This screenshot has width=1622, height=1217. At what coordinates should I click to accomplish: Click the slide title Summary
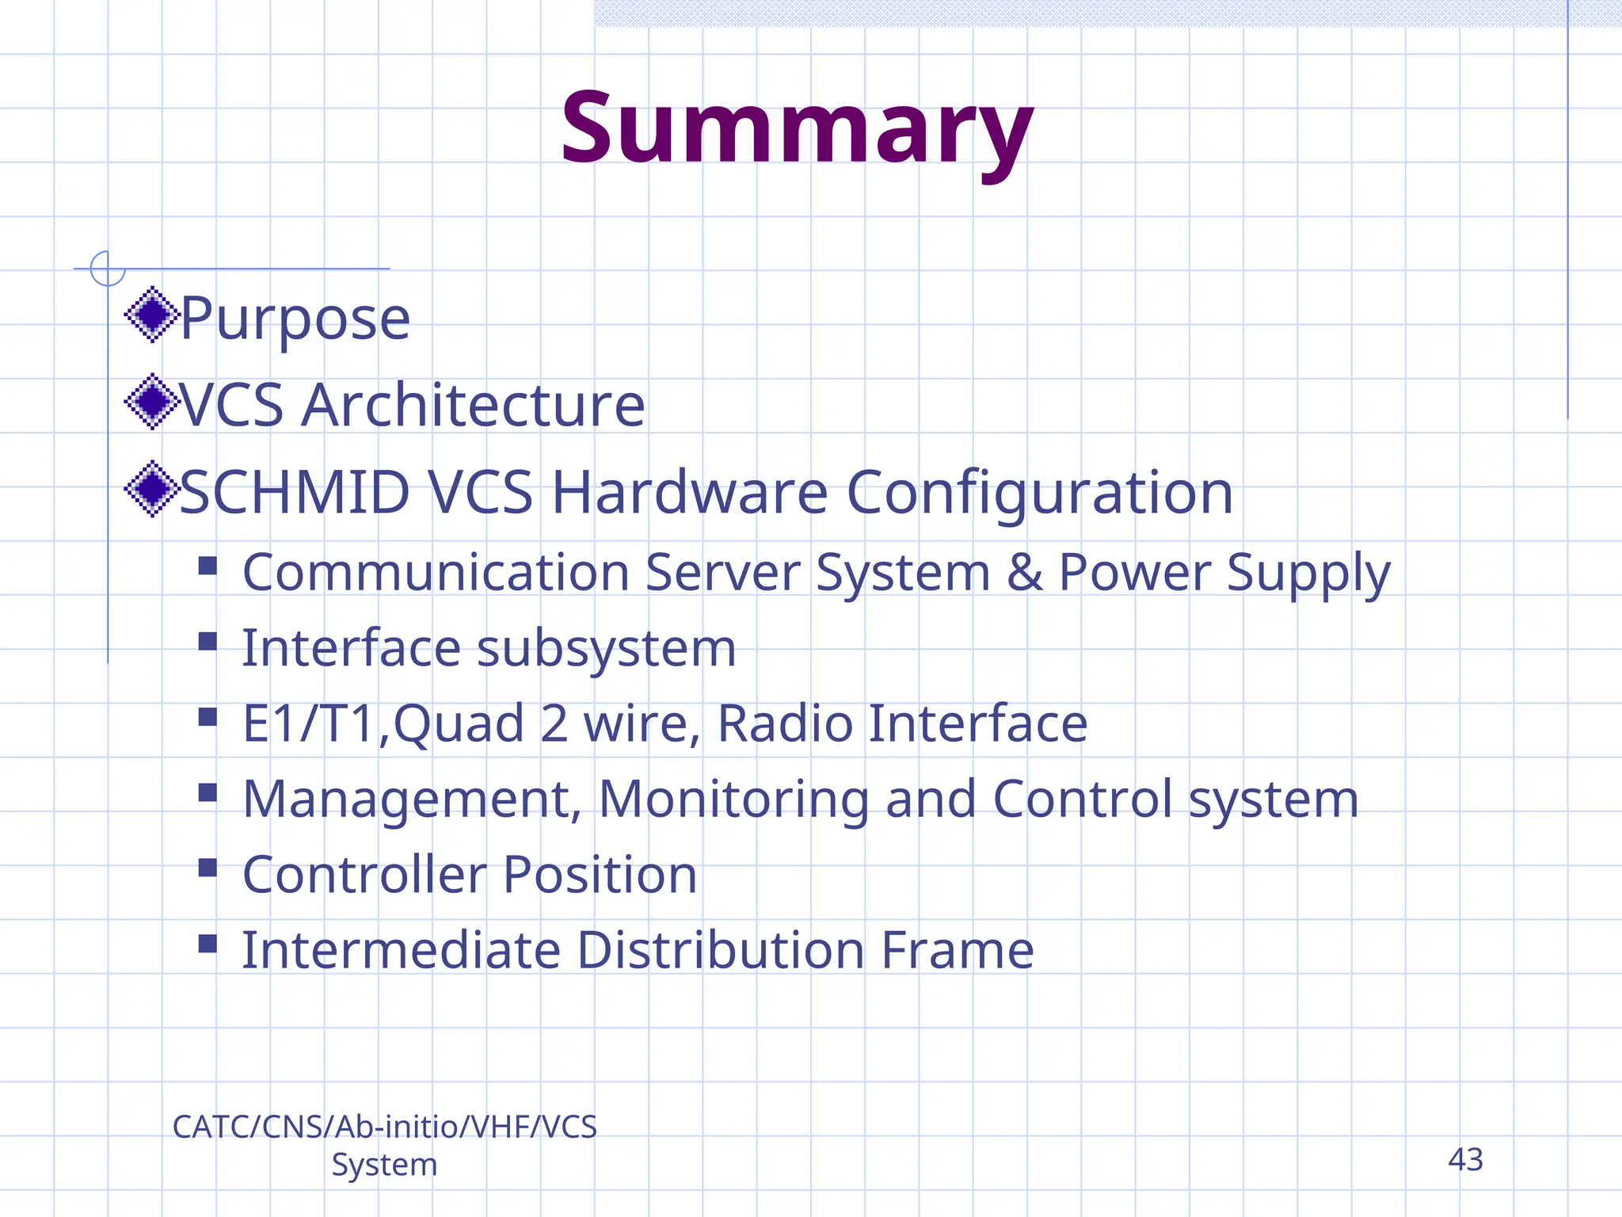[797, 129]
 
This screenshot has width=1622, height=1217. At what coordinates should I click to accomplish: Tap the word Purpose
[295, 319]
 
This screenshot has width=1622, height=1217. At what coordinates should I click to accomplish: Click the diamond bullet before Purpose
[152, 315]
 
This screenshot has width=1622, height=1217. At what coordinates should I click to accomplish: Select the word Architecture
[473, 405]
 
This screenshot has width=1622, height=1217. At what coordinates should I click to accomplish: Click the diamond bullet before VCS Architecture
[152, 402]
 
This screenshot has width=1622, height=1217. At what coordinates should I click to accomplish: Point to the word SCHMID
[295, 492]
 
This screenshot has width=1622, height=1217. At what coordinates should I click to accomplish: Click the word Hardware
[689, 492]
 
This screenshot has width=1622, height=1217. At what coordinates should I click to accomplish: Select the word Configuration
[1039, 492]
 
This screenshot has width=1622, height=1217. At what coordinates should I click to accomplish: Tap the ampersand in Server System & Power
[1024, 572]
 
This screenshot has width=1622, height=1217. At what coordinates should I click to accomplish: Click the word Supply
[1308, 572]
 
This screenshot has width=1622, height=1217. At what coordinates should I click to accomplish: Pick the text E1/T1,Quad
[383, 723]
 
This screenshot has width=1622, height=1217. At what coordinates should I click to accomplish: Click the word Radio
[784, 723]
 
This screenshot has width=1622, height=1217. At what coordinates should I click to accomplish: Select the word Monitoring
[733, 799]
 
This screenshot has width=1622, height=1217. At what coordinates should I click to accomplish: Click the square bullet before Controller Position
[208, 868]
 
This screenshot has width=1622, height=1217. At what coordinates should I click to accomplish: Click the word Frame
[957, 950]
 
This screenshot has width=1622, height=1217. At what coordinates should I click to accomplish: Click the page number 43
[1465, 1160]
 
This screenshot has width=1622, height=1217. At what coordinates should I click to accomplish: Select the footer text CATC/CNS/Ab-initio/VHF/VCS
[384, 1127]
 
